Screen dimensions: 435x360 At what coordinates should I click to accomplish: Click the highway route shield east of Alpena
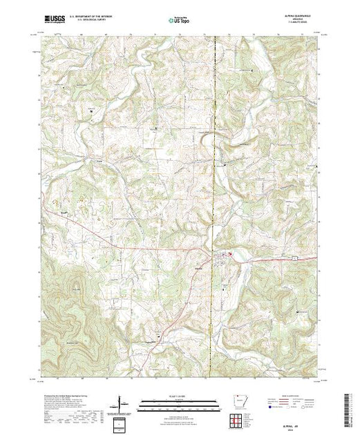(293, 258)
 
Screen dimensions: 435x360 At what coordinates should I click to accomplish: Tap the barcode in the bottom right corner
(348, 410)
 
